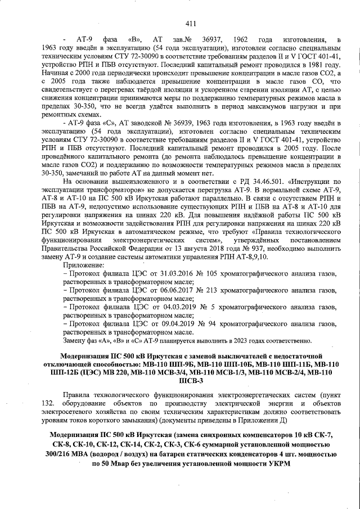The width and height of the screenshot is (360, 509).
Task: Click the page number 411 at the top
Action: tap(190, 23)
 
